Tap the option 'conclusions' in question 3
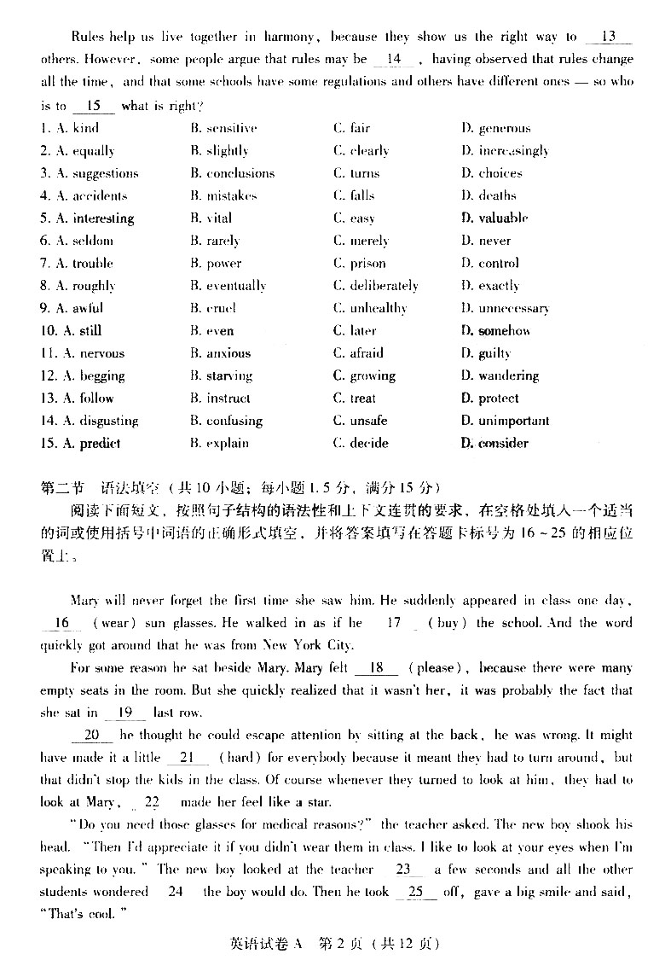coord(240,173)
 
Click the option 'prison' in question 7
coord(367,264)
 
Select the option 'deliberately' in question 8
coord(384,286)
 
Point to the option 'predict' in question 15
coord(100,443)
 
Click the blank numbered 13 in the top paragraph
coord(609,37)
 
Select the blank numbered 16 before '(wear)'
coord(61,623)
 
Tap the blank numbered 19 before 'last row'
coord(124,713)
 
